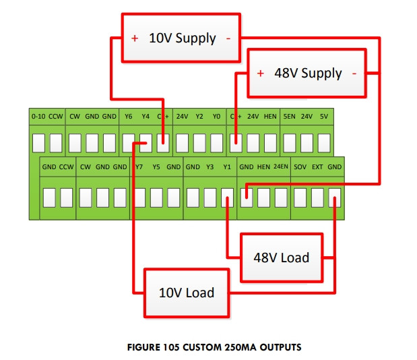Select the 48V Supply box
point(307,73)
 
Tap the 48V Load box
point(281,258)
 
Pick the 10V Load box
point(186,293)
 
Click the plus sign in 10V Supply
point(135,38)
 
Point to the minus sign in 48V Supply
point(354,73)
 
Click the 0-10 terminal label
point(38,117)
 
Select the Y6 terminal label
point(128,117)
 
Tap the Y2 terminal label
point(199,117)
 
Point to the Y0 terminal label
point(216,117)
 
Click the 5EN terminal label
point(289,117)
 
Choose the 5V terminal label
point(324,117)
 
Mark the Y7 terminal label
point(139,167)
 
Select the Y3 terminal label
point(210,167)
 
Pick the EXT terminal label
point(317,167)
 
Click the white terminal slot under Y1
point(227,197)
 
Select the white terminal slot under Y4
point(146,143)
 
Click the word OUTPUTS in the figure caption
point(278,348)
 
